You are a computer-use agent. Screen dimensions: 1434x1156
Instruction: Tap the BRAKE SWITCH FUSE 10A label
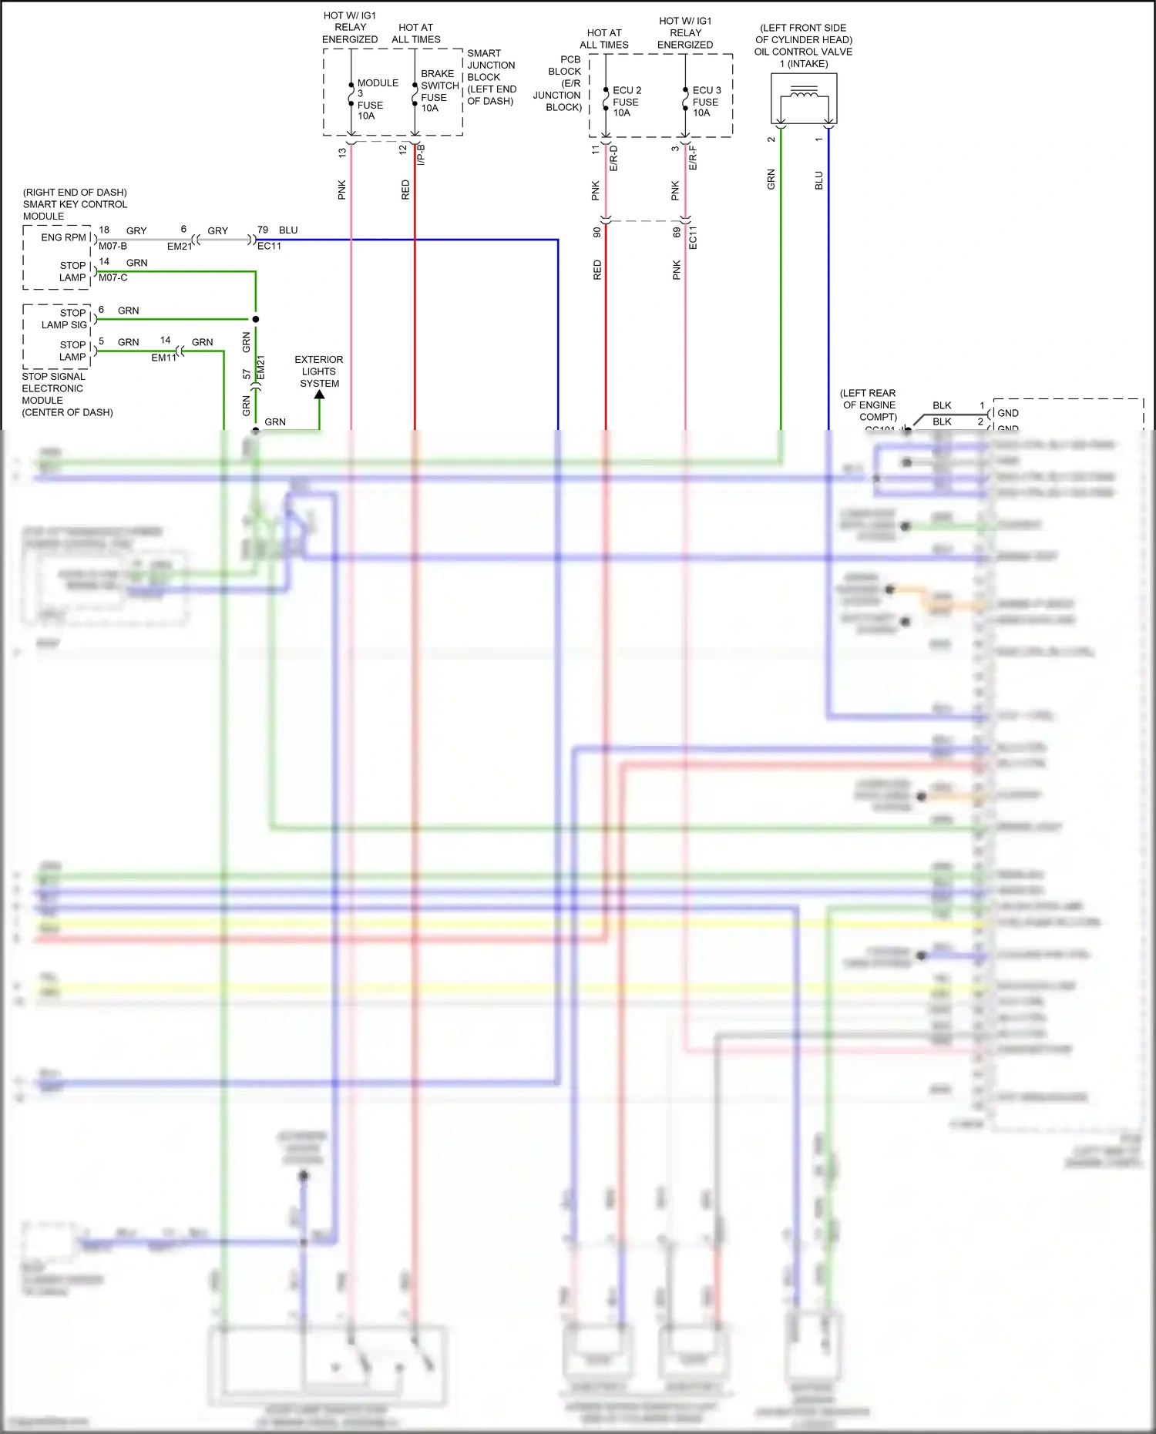[x=439, y=91]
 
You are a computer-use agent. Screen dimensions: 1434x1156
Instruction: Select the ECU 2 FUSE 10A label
[x=626, y=102]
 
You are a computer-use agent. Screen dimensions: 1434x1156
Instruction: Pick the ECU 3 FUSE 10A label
[x=706, y=102]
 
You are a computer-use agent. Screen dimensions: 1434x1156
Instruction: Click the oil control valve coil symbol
[x=804, y=98]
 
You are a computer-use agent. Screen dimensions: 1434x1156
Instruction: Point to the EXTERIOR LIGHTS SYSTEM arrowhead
[x=319, y=395]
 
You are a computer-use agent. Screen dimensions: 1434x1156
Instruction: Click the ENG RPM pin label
[x=63, y=237]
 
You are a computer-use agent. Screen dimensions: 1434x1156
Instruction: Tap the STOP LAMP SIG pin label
[x=65, y=318]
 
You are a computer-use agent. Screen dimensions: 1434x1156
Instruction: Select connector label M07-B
[x=113, y=247]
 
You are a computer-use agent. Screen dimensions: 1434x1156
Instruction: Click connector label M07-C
[x=113, y=278]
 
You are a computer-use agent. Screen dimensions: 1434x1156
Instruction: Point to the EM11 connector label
[x=163, y=358]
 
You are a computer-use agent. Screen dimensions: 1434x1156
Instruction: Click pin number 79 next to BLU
[x=263, y=230]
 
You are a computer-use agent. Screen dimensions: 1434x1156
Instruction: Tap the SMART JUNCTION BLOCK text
[x=491, y=77]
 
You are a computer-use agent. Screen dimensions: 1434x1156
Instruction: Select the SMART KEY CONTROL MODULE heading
[x=75, y=204]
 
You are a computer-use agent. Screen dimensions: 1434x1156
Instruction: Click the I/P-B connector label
[x=421, y=155]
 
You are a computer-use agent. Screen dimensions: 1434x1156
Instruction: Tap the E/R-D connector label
[x=614, y=158]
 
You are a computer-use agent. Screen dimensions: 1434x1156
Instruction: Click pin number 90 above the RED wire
[x=596, y=232]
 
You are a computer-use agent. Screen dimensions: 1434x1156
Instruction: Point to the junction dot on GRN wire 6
[x=256, y=319]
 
